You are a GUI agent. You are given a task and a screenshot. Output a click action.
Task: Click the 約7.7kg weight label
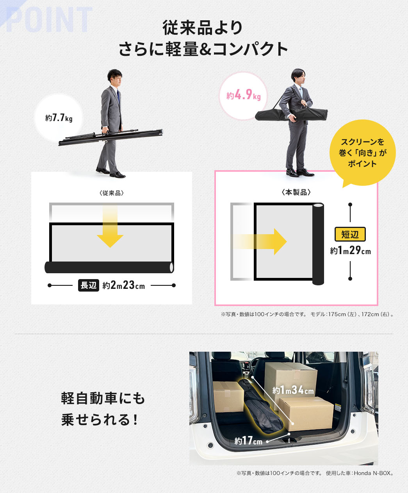point(59,117)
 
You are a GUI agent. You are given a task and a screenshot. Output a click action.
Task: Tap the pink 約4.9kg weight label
point(243,95)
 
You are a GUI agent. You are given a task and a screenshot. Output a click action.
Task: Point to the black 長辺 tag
point(89,285)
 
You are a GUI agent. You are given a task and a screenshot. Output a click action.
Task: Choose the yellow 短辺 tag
point(350,234)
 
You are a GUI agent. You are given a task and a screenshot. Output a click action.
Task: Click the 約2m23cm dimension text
point(124,286)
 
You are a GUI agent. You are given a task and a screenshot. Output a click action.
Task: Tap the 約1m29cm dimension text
point(350,251)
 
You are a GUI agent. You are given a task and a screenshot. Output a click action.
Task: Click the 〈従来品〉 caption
point(112,193)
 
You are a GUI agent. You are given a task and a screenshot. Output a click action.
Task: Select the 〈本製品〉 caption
point(296,192)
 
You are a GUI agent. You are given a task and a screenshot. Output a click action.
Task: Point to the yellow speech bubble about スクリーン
point(362,153)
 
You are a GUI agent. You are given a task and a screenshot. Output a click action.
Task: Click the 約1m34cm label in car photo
point(293,390)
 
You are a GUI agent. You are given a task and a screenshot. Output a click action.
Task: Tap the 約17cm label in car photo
point(249,441)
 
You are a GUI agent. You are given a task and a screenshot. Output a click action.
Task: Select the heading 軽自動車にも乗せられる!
point(103,409)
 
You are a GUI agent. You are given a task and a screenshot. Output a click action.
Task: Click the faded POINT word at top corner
point(48,20)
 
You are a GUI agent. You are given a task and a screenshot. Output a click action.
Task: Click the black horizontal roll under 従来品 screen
point(109,267)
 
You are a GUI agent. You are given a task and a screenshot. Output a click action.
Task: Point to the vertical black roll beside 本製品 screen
point(318,244)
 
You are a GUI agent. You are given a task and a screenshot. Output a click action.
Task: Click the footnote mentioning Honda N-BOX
point(315,473)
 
